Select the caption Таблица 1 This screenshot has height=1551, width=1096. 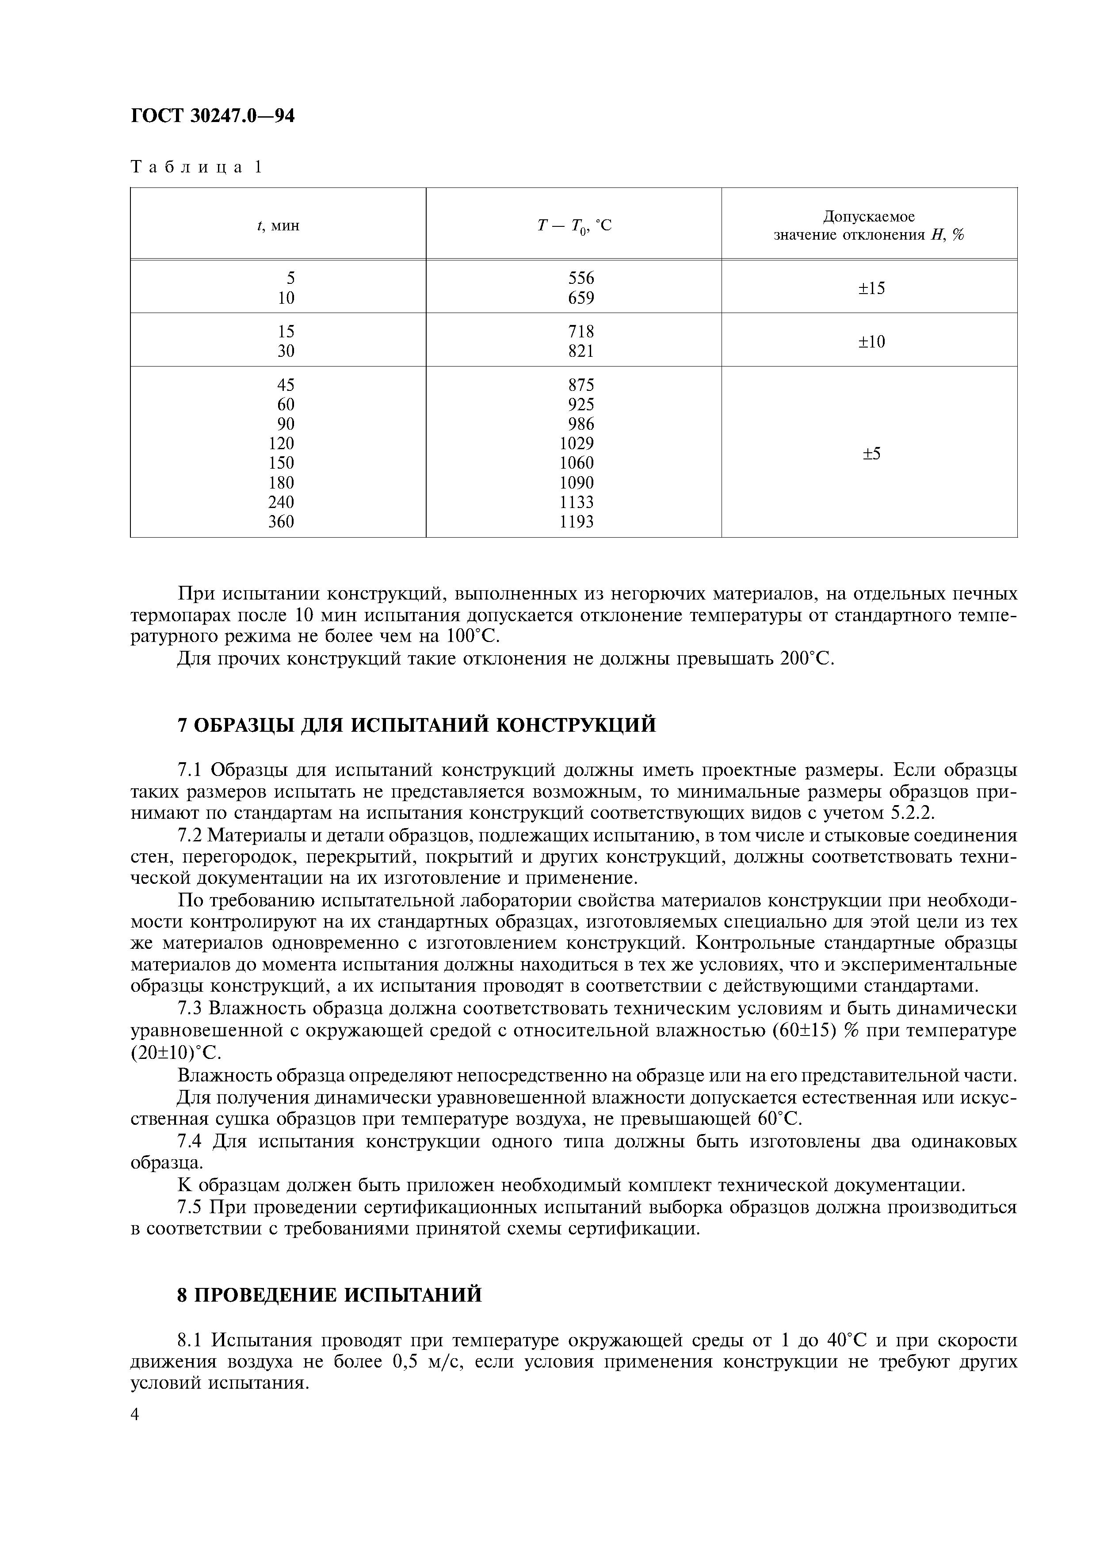[x=196, y=167]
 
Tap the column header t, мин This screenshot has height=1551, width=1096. [x=278, y=225]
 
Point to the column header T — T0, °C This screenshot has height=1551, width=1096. [x=574, y=225]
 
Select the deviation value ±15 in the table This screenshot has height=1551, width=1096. [x=871, y=288]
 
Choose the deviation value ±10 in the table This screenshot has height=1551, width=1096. [x=871, y=342]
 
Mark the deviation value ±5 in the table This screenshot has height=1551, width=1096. [x=871, y=453]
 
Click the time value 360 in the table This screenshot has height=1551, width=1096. [x=282, y=522]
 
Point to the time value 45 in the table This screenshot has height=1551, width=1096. [x=286, y=384]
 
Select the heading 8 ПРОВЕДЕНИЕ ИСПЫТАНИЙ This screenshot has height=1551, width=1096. [x=329, y=1294]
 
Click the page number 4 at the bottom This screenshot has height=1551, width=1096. [x=135, y=1414]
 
